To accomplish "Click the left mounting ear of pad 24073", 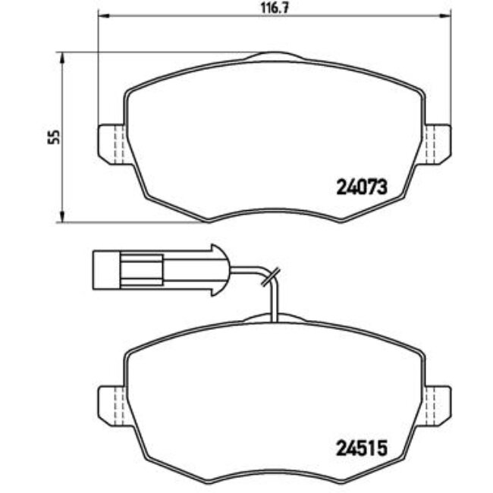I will click(x=111, y=143).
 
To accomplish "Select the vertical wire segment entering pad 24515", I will click(x=275, y=300).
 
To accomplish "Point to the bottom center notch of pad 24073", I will click(x=275, y=209).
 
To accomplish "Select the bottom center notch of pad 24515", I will click(x=275, y=470).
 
